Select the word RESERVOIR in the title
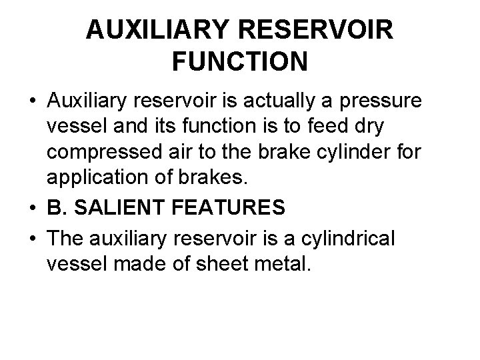coord(313,29)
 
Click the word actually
coord(291,101)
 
